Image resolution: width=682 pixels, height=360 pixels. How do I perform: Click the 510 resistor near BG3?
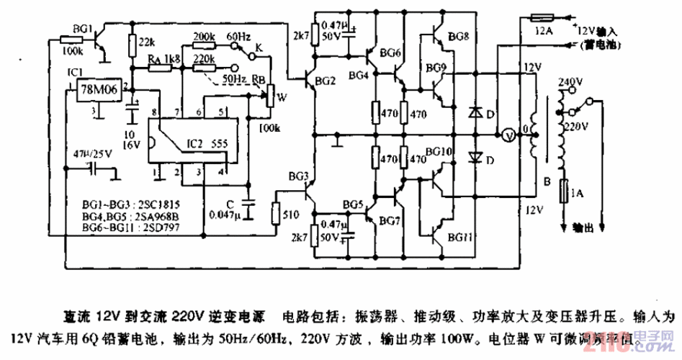[x=276, y=213]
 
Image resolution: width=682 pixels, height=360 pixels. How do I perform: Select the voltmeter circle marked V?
[x=507, y=135]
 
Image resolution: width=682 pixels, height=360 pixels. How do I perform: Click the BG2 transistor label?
[x=326, y=81]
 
